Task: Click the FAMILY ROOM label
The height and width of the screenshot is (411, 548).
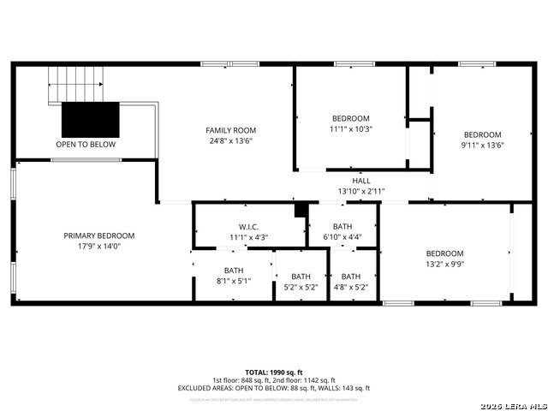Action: (x=231, y=130)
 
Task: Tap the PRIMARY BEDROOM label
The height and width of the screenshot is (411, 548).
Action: (x=99, y=235)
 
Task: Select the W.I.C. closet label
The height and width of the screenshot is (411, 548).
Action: (x=249, y=226)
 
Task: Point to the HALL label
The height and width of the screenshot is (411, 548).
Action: (x=361, y=181)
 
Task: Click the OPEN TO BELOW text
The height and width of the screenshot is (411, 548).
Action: (x=86, y=145)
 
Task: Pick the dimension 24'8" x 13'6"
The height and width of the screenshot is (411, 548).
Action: (x=231, y=140)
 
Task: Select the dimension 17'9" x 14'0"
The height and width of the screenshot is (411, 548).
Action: (x=99, y=246)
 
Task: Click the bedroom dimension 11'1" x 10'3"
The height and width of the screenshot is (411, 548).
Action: (x=351, y=128)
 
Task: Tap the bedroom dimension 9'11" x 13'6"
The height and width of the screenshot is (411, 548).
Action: (x=483, y=145)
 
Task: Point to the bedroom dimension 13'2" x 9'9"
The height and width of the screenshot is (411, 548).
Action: (x=445, y=264)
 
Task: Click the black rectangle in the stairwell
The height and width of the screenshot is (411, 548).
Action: (x=90, y=116)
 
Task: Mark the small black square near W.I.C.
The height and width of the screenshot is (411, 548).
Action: (x=300, y=210)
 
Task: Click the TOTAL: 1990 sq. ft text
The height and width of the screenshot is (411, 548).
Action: (x=274, y=372)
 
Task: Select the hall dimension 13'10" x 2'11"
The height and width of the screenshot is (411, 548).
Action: (x=361, y=191)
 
